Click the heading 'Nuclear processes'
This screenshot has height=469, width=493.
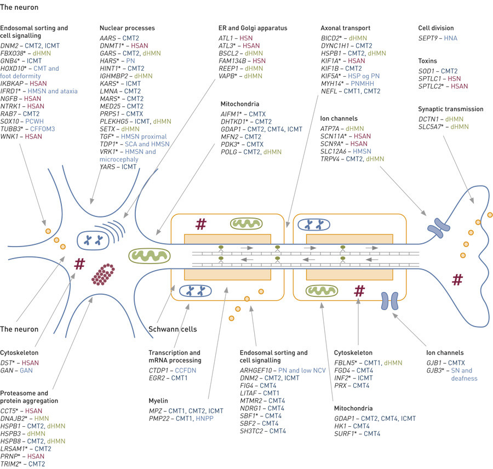(127, 28)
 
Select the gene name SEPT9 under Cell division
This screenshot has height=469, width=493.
(429, 38)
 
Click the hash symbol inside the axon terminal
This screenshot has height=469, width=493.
(457, 280)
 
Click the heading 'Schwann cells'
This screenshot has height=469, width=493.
(173, 329)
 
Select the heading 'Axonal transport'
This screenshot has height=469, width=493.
(345, 28)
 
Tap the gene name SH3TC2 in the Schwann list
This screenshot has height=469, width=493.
(254, 431)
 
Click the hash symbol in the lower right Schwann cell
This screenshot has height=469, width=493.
(359, 290)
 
